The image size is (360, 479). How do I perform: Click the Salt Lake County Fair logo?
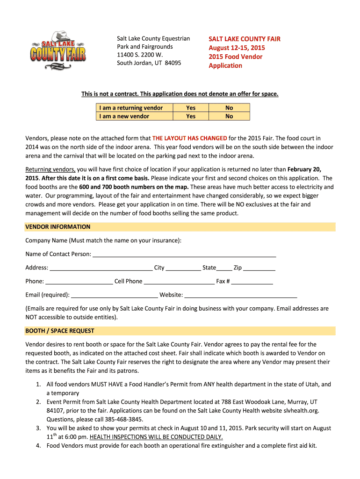coord(58,50)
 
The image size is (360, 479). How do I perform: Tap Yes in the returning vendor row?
coord(191,108)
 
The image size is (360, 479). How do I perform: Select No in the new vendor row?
coord(229,116)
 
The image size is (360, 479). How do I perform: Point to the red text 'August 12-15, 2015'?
coord(237,48)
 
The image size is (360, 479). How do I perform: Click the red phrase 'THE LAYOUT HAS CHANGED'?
coord(190,138)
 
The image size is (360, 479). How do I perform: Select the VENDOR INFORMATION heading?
coord(58,227)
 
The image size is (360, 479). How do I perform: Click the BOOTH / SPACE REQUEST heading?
coord(60,331)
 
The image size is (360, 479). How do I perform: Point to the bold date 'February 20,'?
coord(304,169)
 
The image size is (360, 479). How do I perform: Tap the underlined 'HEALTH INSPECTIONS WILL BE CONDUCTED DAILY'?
coord(156,437)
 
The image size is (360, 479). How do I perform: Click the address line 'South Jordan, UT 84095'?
coord(149,63)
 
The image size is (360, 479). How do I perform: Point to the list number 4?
coord(39,446)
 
